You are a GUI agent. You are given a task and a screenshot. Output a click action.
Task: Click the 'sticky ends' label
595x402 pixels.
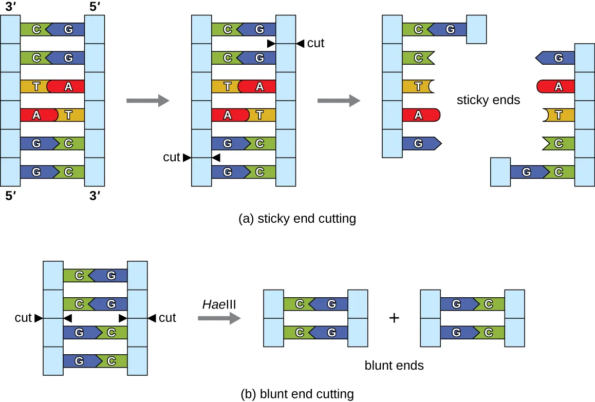pyautogui.click(x=488, y=100)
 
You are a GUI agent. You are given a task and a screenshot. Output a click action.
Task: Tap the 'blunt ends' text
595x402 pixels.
pyautogui.click(x=394, y=366)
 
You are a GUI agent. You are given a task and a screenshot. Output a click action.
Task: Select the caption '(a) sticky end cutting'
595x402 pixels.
pyautogui.click(x=297, y=219)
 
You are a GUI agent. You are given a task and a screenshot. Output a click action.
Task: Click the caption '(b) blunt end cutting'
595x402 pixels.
pyautogui.click(x=297, y=394)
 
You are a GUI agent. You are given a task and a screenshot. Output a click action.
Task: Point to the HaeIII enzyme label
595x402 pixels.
pyautogui.click(x=219, y=304)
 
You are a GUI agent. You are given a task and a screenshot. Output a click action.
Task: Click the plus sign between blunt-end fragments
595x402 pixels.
pyautogui.click(x=394, y=318)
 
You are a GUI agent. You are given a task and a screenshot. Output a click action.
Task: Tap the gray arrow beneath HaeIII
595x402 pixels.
pyautogui.click(x=219, y=319)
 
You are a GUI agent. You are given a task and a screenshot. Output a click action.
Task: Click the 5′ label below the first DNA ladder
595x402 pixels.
pyautogui.click(x=10, y=196)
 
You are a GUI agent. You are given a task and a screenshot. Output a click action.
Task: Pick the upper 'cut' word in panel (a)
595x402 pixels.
pyautogui.click(x=315, y=44)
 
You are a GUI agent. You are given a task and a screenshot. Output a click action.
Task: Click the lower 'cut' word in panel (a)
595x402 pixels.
pyautogui.click(x=172, y=157)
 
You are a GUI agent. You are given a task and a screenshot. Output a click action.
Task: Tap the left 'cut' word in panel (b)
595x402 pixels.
pyautogui.click(x=23, y=318)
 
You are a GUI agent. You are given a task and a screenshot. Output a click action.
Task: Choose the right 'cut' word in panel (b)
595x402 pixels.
pyautogui.click(x=168, y=318)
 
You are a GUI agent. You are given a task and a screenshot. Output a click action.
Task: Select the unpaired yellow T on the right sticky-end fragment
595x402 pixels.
pyautogui.click(x=558, y=116)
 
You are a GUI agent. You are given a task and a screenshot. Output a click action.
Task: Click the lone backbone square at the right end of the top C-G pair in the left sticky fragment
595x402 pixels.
pyautogui.click(x=476, y=29)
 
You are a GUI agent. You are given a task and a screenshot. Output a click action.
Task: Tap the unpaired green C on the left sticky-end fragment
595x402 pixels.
pyautogui.click(x=418, y=58)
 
